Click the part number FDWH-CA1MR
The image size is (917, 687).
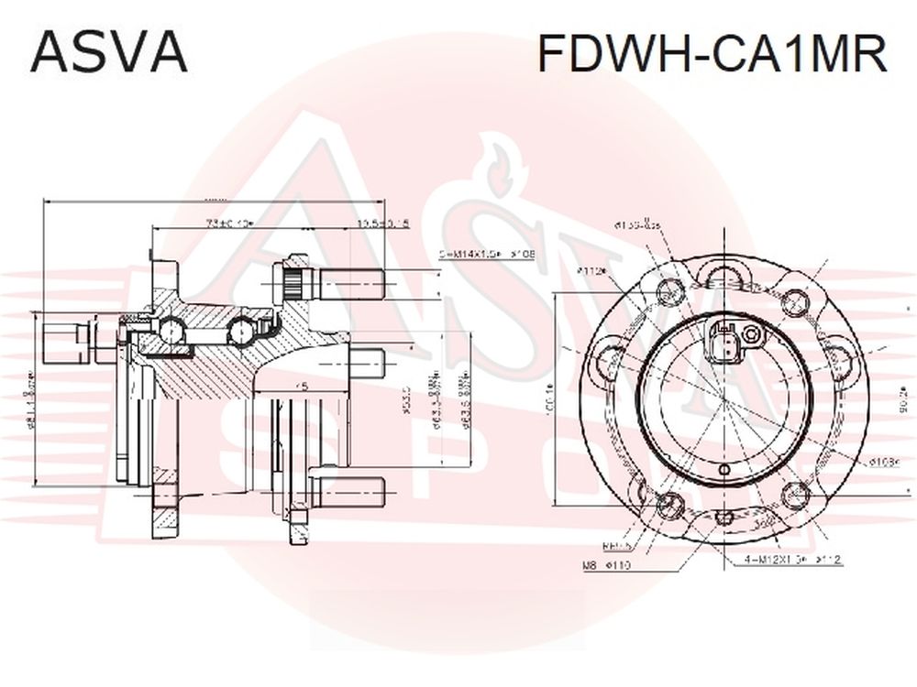(712, 54)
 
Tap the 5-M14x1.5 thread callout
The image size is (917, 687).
(487, 255)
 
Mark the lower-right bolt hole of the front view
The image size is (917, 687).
(794, 495)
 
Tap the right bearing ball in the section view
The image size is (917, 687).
(242, 329)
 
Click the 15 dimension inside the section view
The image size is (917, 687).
(300, 387)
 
